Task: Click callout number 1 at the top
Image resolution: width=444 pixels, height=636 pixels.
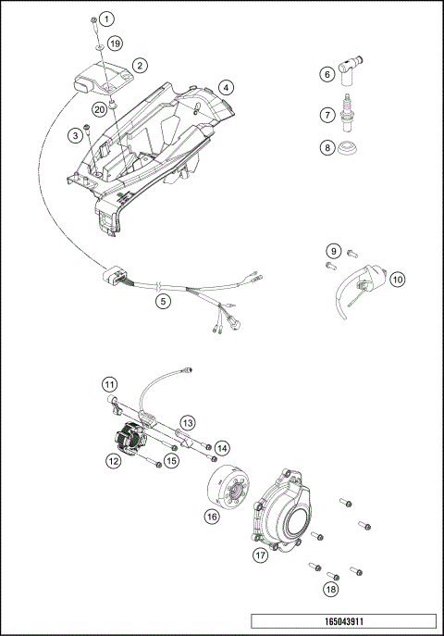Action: (x=108, y=19)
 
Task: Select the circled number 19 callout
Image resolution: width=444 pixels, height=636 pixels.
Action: (x=115, y=44)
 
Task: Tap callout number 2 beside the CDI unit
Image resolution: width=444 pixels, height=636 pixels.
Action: (x=139, y=65)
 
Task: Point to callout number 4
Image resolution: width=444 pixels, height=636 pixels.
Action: (x=226, y=88)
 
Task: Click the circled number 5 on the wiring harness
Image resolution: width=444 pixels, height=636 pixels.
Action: (x=164, y=300)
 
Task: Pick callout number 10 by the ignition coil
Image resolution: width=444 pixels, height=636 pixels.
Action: (x=397, y=279)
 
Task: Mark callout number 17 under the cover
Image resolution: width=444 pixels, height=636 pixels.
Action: (x=261, y=555)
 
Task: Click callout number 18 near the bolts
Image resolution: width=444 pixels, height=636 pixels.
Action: (x=330, y=589)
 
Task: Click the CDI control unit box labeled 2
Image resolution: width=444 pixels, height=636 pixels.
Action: (x=99, y=72)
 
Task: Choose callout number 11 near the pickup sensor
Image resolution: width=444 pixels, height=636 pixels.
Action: (x=109, y=383)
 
